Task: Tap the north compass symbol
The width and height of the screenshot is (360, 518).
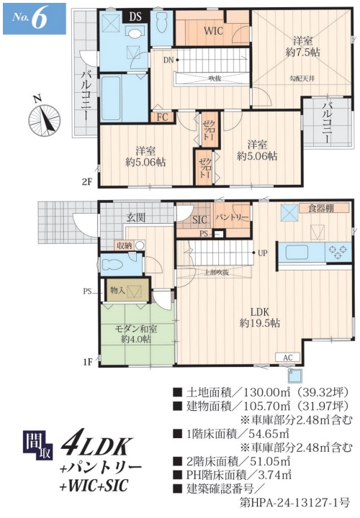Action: [x=42, y=117]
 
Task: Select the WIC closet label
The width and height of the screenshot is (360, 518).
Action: [x=213, y=31]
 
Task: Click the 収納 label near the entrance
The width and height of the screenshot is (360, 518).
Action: [x=124, y=245]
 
